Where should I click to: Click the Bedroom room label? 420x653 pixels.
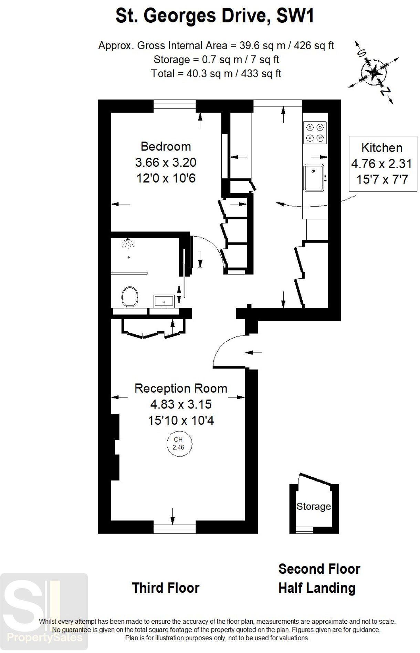[x=166, y=146]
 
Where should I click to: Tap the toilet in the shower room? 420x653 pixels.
[x=129, y=297]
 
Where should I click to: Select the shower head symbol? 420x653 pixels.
[x=128, y=243]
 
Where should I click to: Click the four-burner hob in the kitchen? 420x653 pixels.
[x=315, y=133]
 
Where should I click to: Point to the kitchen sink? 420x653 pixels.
[x=314, y=178]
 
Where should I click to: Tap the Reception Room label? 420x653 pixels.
[x=181, y=388]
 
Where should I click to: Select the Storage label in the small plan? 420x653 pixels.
[x=313, y=506]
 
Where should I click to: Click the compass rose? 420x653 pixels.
[x=374, y=72]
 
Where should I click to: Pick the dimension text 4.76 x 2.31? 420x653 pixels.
[x=381, y=164]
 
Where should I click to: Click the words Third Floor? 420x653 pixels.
[x=166, y=588]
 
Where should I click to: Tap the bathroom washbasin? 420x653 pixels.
[x=164, y=301]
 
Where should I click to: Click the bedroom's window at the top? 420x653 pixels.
[x=175, y=105]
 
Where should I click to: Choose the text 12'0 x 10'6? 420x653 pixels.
[x=166, y=178]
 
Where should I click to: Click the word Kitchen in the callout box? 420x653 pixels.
[x=381, y=148]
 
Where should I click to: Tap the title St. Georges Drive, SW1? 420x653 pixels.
[x=214, y=16]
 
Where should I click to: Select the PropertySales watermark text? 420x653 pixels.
[x=45, y=638]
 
